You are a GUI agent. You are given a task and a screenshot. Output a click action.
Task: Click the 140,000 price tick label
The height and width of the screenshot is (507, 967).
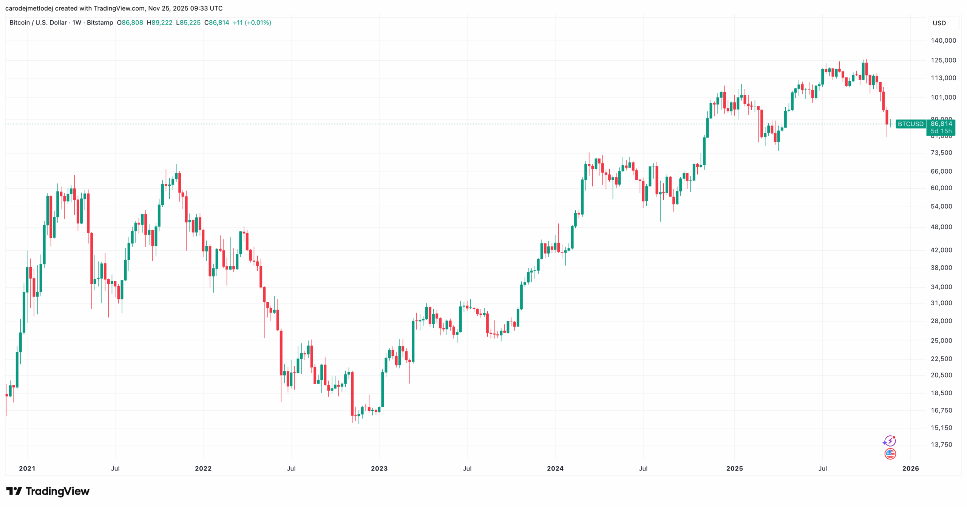tap(943, 40)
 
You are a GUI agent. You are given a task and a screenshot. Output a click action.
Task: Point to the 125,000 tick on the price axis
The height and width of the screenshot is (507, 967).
tap(943, 60)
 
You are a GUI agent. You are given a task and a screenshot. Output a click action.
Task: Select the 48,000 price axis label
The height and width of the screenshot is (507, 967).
tap(941, 227)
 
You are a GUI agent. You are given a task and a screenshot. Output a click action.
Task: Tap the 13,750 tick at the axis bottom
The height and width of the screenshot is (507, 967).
tap(941, 444)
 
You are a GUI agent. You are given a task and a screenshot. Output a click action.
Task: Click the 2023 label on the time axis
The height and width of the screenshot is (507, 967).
tap(379, 468)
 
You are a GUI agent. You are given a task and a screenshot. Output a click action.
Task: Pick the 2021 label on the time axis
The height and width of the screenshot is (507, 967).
tap(27, 468)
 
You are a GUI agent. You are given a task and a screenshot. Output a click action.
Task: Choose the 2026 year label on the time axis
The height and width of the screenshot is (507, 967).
tap(910, 468)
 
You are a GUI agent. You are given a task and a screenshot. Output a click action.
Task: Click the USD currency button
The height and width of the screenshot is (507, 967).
tap(939, 23)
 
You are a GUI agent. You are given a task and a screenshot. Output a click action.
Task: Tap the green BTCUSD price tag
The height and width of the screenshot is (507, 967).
tap(910, 124)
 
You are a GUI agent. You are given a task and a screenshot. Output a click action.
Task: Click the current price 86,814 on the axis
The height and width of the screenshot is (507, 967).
tap(941, 124)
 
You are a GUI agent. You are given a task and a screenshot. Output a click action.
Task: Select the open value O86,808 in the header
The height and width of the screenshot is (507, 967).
tap(130, 23)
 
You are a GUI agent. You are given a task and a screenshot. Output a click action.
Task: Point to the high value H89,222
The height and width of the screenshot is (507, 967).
tap(159, 23)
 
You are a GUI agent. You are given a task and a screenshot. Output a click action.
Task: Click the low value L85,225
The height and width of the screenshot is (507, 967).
tap(188, 23)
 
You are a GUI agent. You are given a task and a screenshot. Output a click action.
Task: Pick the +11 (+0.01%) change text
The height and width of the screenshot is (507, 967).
tap(252, 23)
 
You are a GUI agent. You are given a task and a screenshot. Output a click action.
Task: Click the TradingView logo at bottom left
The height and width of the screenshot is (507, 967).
tap(48, 491)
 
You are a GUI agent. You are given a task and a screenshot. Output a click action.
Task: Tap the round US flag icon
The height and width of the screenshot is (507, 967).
tap(890, 453)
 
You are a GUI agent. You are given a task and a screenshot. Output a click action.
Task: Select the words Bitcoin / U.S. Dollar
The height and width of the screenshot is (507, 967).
tap(38, 23)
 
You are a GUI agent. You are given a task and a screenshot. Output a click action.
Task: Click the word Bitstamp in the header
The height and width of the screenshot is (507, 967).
tap(100, 23)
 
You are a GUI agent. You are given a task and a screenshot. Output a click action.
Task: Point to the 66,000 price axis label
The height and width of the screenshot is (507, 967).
tap(941, 171)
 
